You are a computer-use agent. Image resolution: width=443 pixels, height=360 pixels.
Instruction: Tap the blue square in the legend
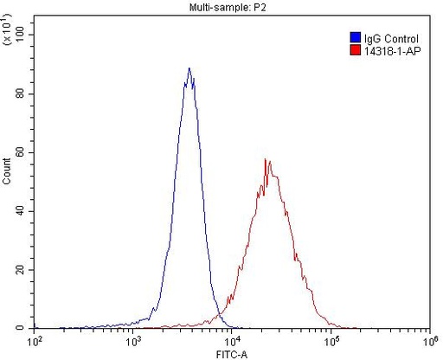[355, 39]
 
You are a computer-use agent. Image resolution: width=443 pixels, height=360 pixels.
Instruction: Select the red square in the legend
[355, 51]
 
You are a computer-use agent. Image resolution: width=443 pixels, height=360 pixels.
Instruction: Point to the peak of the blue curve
[189, 69]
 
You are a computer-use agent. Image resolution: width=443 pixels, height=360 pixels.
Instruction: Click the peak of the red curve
[267, 160]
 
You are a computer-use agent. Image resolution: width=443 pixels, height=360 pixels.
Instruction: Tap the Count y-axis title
[8, 177]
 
